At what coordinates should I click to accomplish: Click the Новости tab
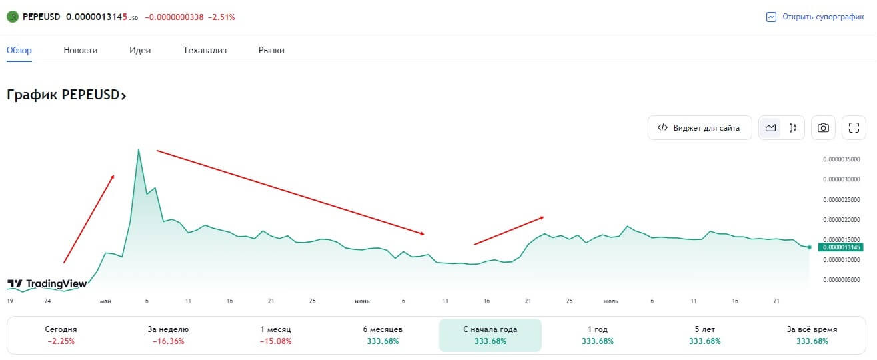[x=81, y=50]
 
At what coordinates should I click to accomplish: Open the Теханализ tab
[x=205, y=50]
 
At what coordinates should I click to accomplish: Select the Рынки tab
[x=271, y=50]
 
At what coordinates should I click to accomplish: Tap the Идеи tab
[x=140, y=50]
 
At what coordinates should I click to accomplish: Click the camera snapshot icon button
[x=823, y=128]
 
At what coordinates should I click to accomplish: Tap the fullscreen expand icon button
[x=854, y=128]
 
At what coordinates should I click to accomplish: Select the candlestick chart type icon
[x=793, y=128]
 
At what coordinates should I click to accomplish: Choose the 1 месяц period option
[x=275, y=335]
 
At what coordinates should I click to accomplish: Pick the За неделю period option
[x=168, y=335]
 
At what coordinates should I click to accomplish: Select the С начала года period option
[x=490, y=335]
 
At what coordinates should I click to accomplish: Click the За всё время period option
[x=812, y=335]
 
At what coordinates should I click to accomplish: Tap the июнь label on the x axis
[x=362, y=301]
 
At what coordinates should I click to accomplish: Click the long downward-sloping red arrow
[x=290, y=193]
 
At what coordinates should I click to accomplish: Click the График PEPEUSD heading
[x=66, y=95]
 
